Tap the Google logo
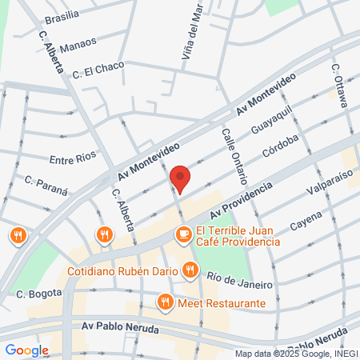[x=26, y=350]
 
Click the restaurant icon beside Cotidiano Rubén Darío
[x=189, y=270]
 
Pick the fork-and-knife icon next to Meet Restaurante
[x=165, y=302]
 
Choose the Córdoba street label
[x=279, y=147]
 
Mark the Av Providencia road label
[x=241, y=201]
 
